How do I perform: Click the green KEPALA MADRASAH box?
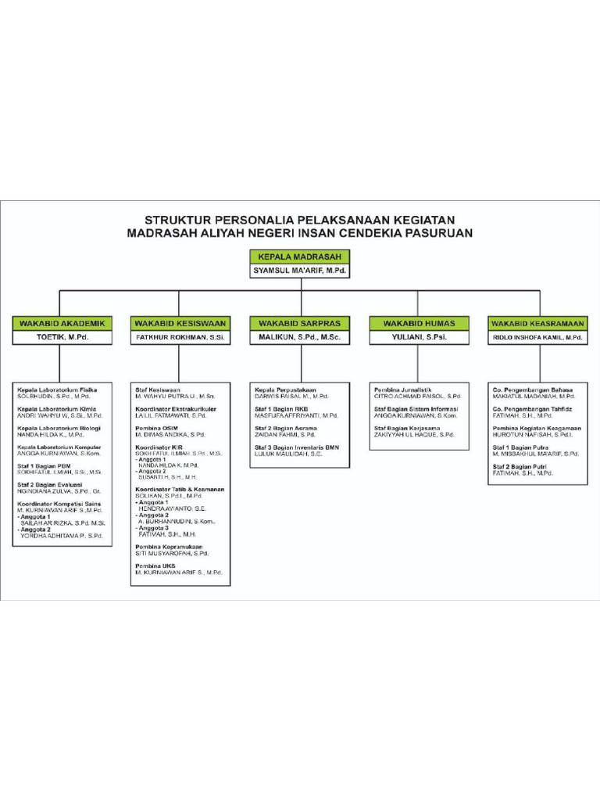tap(300, 256)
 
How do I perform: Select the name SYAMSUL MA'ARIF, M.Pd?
tap(300, 271)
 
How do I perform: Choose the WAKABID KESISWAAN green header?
tap(180, 323)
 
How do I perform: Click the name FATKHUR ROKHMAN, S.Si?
tap(180, 338)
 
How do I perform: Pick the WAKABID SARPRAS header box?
tap(299, 323)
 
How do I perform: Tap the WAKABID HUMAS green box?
tap(418, 323)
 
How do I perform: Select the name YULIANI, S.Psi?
tap(418, 338)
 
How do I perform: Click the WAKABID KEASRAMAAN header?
tap(537, 323)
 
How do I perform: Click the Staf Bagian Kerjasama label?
tap(407, 429)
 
